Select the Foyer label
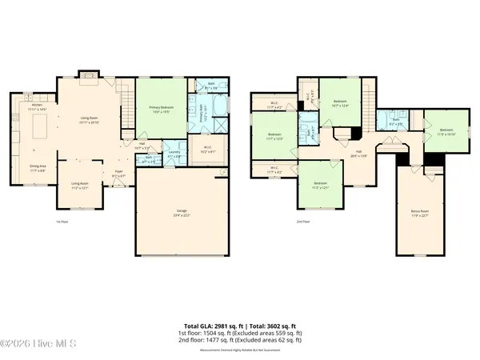point(118,173)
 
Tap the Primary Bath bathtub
point(218,106)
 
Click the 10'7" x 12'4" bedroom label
point(340,104)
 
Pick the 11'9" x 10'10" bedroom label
point(446,132)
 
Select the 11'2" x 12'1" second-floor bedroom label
point(321,186)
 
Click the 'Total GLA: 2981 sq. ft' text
point(214,327)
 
